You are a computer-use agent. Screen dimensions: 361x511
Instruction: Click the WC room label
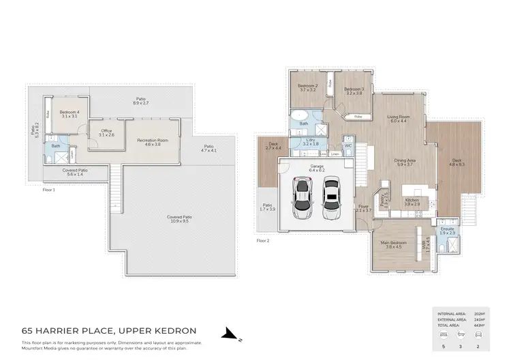(x=347, y=145)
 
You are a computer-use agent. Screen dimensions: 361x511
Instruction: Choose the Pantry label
(x=386, y=200)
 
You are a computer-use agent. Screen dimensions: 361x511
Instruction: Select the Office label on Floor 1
(x=106, y=131)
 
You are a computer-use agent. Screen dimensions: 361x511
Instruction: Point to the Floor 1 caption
(x=48, y=190)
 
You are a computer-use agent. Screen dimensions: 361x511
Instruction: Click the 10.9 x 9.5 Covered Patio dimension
(x=178, y=221)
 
